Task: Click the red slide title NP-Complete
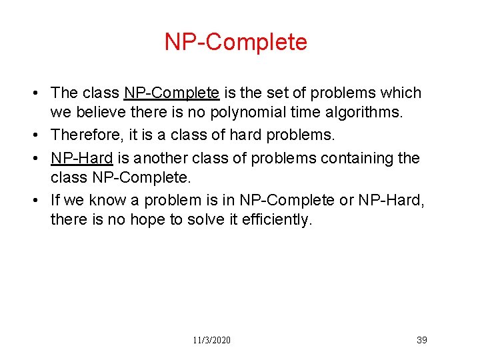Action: coord(236,42)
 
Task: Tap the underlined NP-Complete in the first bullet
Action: coord(171,93)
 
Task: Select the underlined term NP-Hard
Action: coord(81,158)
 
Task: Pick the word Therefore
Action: coord(86,135)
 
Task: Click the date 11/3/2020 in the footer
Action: coord(211,340)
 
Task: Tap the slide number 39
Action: coord(421,340)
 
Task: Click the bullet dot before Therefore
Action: coord(41,135)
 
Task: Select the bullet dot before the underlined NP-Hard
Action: coord(41,158)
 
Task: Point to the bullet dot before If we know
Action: coord(41,199)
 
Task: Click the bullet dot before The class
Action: coord(41,93)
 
